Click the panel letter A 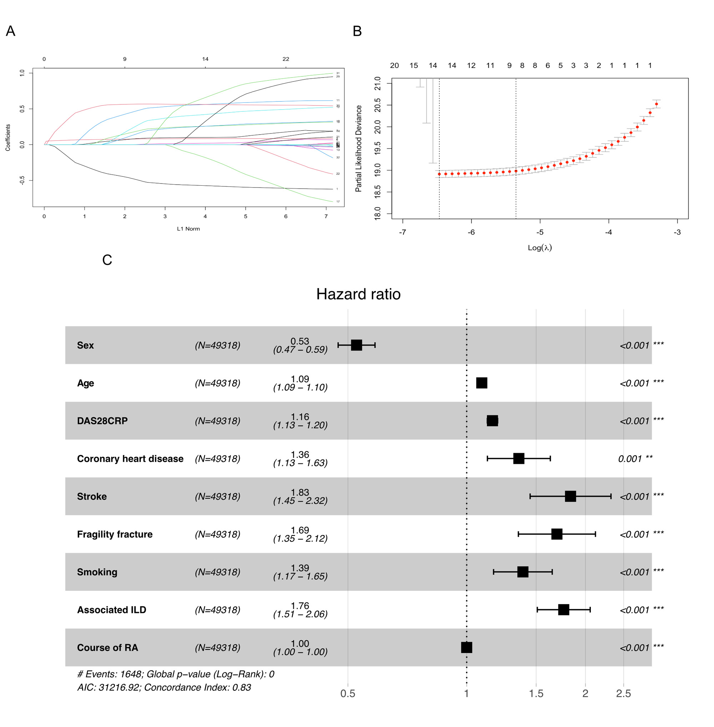(10, 31)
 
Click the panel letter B (357, 31)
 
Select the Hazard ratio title (358, 294)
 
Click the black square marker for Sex (356, 345)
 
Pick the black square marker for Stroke (570, 496)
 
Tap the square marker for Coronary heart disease (519, 458)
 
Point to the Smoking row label (97, 572)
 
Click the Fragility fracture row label (115, 534)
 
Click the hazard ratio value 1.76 (300, 606)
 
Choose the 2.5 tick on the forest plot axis (623, 693)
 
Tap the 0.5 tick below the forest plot (348, 693)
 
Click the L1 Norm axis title (188, 229)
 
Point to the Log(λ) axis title (540, 247)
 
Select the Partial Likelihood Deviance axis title (358, 149)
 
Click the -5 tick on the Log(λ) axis (540, 232)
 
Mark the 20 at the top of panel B (394, 66)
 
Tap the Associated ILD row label (112, 610)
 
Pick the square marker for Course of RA (467, 647)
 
